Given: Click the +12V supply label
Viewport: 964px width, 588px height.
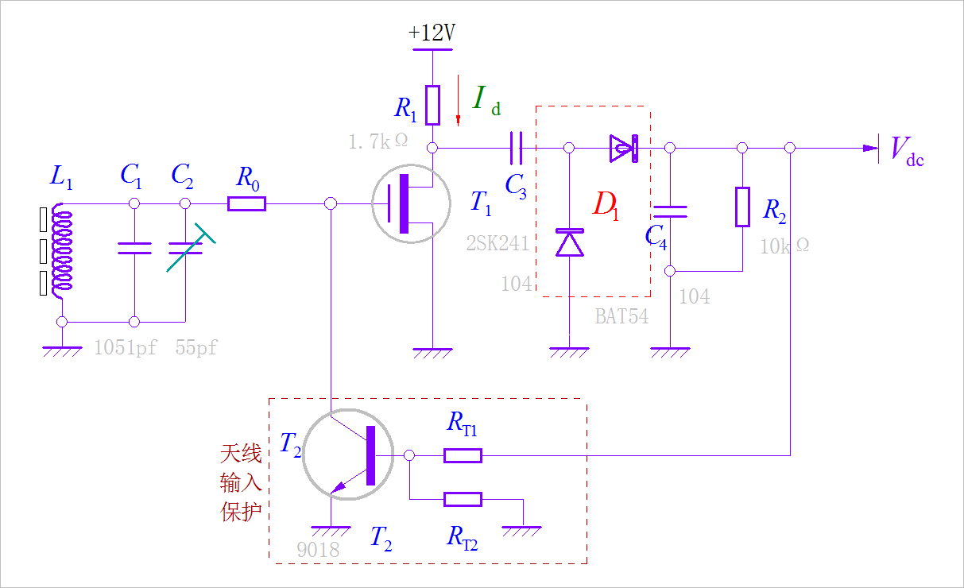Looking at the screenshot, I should tap(432, 33).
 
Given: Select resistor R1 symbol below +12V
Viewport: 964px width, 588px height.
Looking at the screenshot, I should tap(432, 105).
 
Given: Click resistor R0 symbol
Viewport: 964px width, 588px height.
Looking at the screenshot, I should tap(246, 204).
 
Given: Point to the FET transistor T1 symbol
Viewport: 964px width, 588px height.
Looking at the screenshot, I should tap(412, 205).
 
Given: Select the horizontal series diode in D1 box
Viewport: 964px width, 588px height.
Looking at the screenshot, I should tap(623, 148).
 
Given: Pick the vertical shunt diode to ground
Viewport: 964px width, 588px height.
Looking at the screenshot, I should tap(569, 243).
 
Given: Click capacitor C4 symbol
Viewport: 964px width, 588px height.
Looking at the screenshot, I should tap(670, 211).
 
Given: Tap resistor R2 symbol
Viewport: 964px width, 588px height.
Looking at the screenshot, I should tap(742, 207).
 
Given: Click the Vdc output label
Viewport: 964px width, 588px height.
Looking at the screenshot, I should tap(907, 149).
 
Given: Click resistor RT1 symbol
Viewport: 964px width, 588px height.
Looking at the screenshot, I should tap(462, 455).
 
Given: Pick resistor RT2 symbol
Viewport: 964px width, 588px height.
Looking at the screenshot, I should tap(462, 499).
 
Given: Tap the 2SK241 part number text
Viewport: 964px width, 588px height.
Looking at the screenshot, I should tap(497, 244).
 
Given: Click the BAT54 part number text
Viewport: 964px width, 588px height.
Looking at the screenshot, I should tap(621, 316).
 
